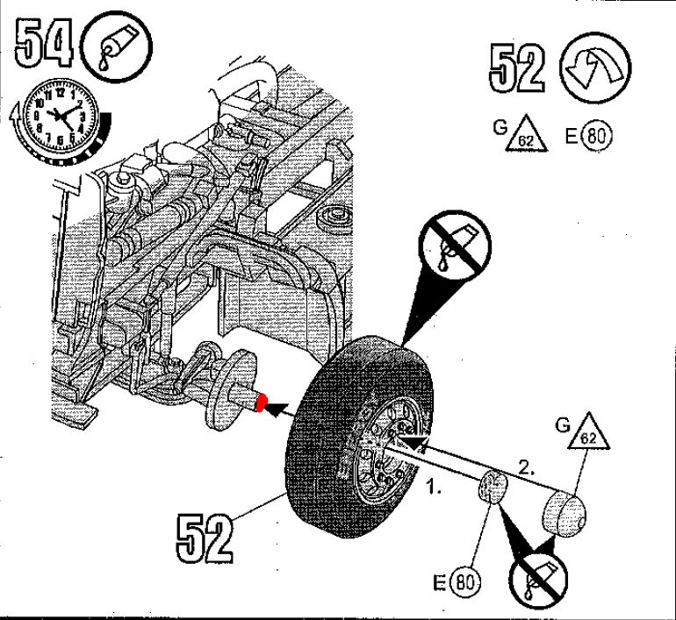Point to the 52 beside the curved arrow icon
(518, 68)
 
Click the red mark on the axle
(262, 403)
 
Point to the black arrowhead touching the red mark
(279, 407)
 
